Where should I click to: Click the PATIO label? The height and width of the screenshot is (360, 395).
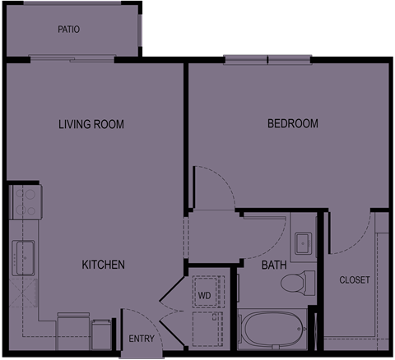[x=68, y=30]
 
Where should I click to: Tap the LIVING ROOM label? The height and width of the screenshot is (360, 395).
[x=91, y=124]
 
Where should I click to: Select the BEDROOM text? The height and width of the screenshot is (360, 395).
[x=293, y=123]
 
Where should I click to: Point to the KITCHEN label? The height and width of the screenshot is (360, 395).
[x=104, y=265]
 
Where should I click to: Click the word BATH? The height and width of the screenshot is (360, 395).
[x=274, y=265]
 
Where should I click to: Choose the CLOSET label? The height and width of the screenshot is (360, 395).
[x=355, y=280]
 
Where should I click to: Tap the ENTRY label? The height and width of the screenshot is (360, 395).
[x=142, y=339]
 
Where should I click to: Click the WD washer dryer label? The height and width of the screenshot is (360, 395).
[x=205, y=296]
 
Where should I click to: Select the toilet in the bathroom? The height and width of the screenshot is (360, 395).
[x=298, y=284]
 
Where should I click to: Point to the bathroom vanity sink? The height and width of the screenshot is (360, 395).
[x=303, y=243]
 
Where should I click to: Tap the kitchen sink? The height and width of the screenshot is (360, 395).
[x=23, y=258]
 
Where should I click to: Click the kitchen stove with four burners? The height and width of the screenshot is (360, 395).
[x=26, y=202]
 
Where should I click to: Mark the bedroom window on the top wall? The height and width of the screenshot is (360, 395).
[x=267, y=60]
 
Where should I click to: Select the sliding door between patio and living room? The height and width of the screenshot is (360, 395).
[x=72, y=58]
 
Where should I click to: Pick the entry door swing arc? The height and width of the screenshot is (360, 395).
[x=147, y=324]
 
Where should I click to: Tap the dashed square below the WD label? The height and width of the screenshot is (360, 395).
[x=207, y=329]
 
